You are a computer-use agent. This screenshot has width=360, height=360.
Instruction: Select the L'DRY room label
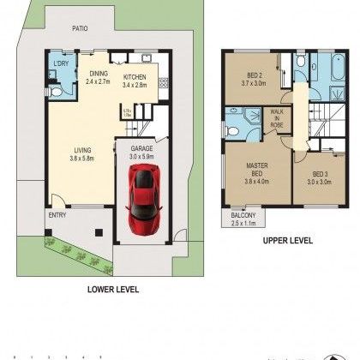click(61, 65)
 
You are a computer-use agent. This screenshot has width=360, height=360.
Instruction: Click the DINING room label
click(98, 74)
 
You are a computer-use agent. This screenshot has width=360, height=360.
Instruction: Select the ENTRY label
click(57, 214)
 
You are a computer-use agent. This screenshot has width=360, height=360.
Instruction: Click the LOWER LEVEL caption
click(112, 289)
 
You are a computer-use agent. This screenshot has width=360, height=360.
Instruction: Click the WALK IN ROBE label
click(277, 119)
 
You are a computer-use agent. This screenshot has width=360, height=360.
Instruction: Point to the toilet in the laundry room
click(54, 89)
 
